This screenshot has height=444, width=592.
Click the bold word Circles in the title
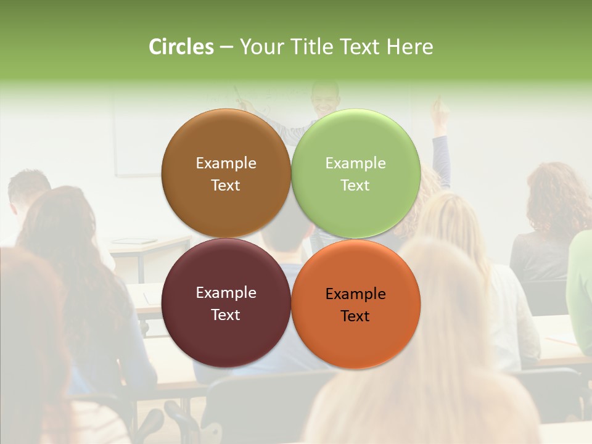pos(181,47)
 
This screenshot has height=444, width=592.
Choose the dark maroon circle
pos(226,336)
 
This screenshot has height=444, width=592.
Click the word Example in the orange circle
pos(355,294)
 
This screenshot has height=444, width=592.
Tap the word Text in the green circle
pos(355,186)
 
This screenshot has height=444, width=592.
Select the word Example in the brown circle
pos(226,163)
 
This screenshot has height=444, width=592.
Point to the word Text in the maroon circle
pos(226,315)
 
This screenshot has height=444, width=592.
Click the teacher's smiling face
pos(324,99)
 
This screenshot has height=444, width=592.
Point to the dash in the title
pos(226,47)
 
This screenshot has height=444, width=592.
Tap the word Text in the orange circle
pos(355,316)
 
